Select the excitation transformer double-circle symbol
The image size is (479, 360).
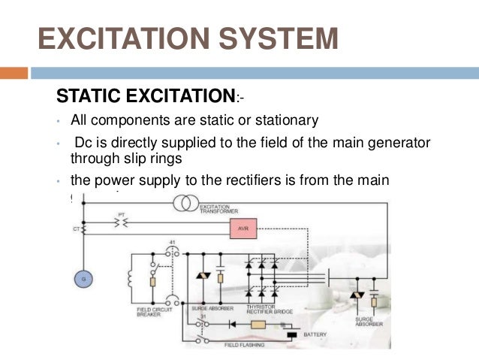click(185, 203)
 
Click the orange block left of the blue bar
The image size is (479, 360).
click(14, 74)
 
